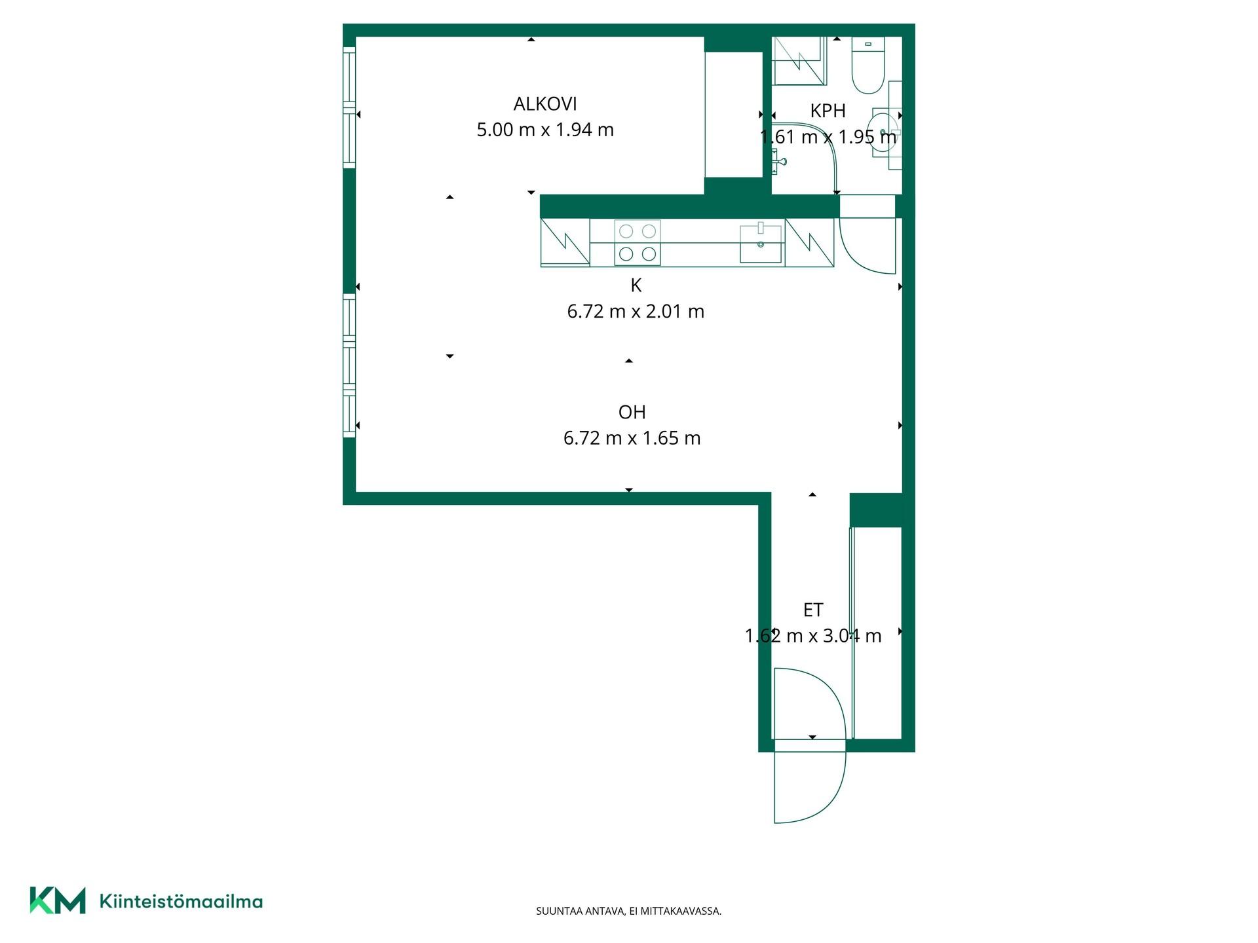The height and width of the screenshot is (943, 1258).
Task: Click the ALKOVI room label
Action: pos(545,104)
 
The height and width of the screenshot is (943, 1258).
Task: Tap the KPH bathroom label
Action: pos(828,111)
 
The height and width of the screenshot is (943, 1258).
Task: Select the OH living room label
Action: pos(632,412)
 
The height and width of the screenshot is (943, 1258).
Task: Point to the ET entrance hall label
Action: pos(813,610)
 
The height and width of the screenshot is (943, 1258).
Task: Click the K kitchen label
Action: pos(636,286)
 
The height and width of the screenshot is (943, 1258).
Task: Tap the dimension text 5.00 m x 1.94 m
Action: pos(545,130)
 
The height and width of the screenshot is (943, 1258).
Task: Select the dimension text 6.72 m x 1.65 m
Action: pos(632,438)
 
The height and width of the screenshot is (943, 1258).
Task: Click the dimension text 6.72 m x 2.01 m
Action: pos(636,311)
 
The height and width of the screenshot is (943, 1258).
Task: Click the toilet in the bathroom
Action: pos(868,65)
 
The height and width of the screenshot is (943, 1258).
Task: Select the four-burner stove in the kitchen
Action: pos(638,242)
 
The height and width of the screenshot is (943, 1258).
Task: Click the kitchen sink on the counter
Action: pos(761,244)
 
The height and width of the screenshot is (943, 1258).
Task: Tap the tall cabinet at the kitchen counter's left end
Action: pos(565,242)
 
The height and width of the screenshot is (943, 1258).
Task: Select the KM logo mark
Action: pos(58,900)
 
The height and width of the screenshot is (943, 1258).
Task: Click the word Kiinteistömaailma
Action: pos(181,901)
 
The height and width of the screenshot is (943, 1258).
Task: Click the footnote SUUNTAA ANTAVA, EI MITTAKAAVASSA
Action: pos(629,911)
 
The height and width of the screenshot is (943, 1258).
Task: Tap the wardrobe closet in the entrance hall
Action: pos(876,633)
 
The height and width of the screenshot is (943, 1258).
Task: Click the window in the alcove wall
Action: pos(349,109)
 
